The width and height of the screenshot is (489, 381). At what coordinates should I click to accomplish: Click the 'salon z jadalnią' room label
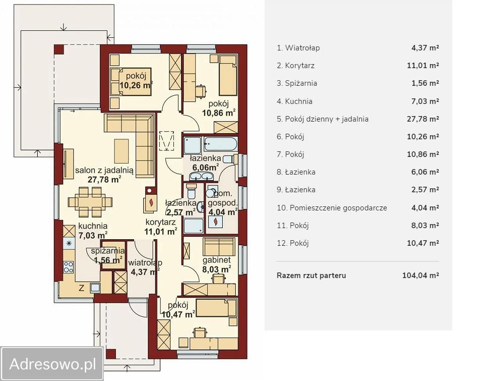tap(104, 170)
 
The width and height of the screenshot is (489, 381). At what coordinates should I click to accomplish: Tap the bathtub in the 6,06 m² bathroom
tap(220, 144)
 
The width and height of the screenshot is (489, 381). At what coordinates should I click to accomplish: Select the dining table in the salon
tap(90, 202)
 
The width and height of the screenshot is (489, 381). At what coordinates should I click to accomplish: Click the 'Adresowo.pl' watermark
tap(52, 364)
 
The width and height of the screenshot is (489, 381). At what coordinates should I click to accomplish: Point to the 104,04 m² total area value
tap(420, 276)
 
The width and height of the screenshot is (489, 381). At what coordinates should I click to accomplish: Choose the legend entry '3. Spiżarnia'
tap(296, 83)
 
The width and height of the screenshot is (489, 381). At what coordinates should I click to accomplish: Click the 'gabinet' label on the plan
tap(217, 260)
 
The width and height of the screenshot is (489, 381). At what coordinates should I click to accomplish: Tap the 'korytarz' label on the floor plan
tap(161, 223)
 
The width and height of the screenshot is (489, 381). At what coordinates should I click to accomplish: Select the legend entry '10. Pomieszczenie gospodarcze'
tap(332, 208)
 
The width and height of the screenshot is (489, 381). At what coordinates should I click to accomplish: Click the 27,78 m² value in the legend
tap(423, 119)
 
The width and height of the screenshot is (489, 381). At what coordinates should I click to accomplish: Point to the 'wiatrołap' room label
tap(145, 262)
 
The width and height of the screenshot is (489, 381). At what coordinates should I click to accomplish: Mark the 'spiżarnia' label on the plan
tap(108, 251)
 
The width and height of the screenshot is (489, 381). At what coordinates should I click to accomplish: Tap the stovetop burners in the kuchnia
tap(69, 267)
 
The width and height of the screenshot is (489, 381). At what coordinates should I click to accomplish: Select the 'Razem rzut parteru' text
tap(311, 276)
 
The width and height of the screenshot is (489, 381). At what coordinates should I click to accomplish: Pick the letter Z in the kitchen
tap(81, 288)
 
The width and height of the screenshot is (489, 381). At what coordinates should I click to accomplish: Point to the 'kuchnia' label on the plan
tap(93, 226)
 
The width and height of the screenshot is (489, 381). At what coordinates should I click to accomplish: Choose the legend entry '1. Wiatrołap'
tap(298, 48)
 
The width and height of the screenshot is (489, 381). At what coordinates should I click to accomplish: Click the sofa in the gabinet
tap(219, 246)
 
